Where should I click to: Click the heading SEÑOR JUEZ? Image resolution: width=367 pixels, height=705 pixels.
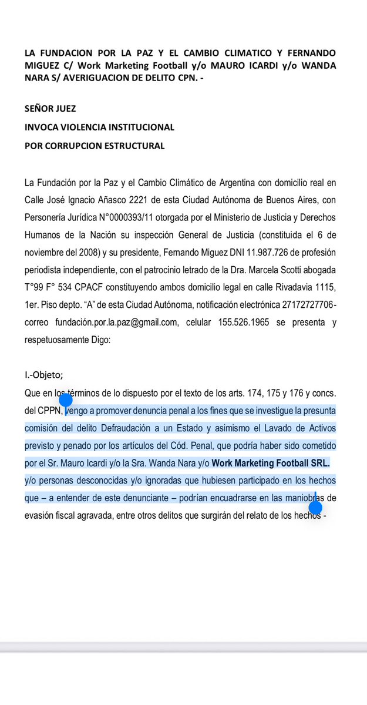(50, 109)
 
